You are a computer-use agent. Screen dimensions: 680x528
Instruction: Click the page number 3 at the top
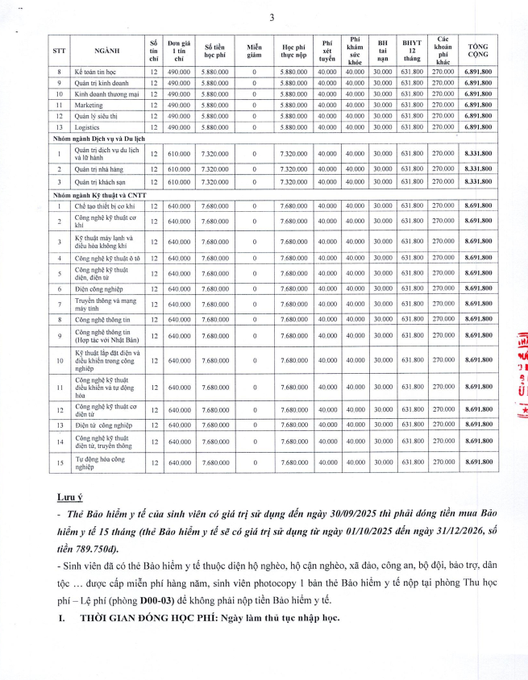point(272,18)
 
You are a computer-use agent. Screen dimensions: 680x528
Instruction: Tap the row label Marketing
point(89,105)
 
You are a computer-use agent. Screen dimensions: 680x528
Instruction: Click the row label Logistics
point(87,127)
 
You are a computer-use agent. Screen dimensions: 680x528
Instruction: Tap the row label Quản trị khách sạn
point(102,182)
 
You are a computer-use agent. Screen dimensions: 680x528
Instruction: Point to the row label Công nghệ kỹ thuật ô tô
point(108,258)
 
